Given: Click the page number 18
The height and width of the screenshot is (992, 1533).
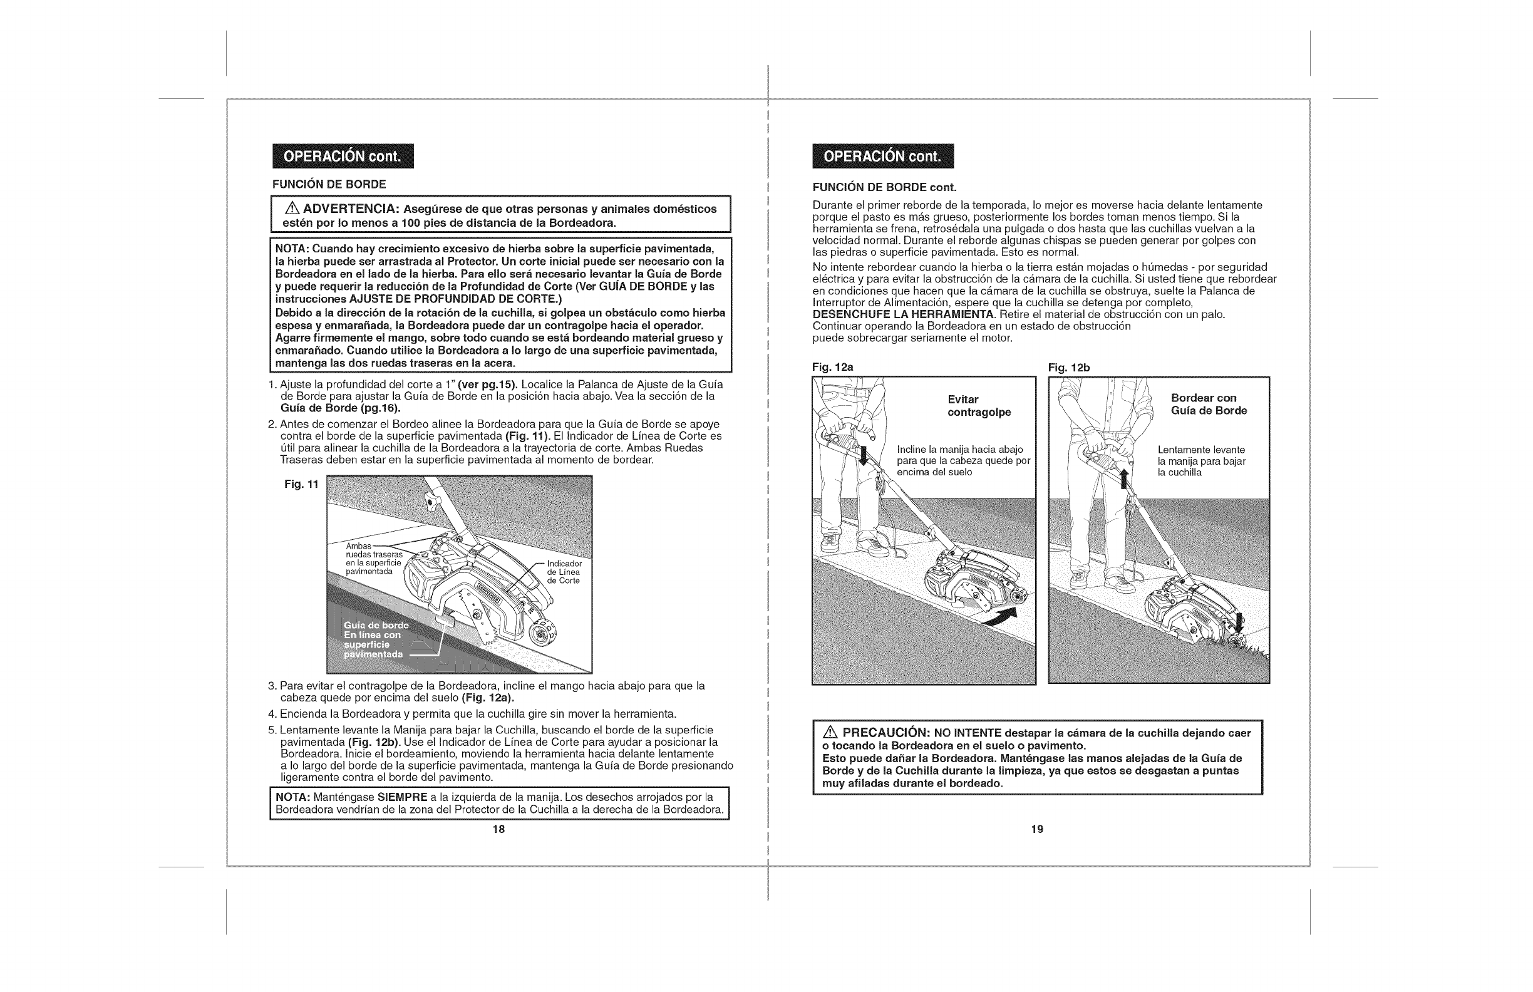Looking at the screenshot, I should coord(498,829).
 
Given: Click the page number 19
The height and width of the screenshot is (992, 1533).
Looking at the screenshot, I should coord(1036,829).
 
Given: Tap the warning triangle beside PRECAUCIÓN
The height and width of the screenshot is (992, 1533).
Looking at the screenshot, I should coord(832,733).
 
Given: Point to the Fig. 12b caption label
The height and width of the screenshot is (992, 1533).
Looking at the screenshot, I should coord(1068,367).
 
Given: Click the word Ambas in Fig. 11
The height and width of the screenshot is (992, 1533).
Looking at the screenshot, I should coord(357,547).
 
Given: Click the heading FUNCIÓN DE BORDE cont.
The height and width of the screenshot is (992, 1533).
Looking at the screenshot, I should coord(884,187).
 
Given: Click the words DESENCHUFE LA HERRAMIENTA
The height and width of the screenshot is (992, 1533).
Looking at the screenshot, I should coord(903,314).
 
